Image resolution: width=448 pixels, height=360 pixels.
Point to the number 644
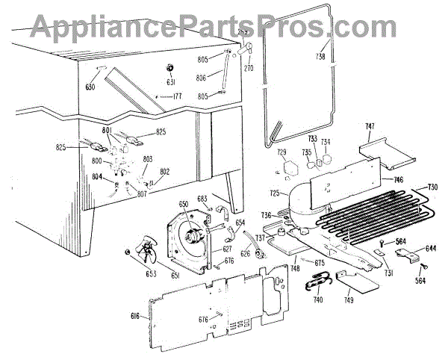tap(431, 248)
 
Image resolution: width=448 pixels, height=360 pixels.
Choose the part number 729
tap(282, 152)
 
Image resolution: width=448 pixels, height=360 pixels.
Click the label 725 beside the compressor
tap(276, 193)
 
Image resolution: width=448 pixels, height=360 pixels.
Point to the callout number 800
tap(98, 160)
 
